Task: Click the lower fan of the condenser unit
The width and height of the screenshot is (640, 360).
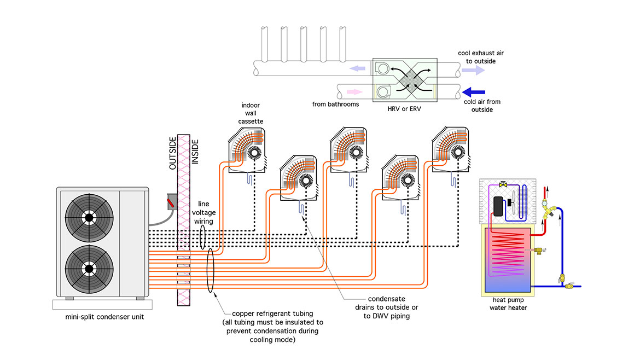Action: point(88,268)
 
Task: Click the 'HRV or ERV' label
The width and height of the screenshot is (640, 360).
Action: point(404,109)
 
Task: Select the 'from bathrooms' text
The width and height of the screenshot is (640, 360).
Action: point(335,104)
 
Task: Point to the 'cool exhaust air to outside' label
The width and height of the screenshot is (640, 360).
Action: point(477,57)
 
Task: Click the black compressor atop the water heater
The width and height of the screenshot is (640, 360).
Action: point(498,207)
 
